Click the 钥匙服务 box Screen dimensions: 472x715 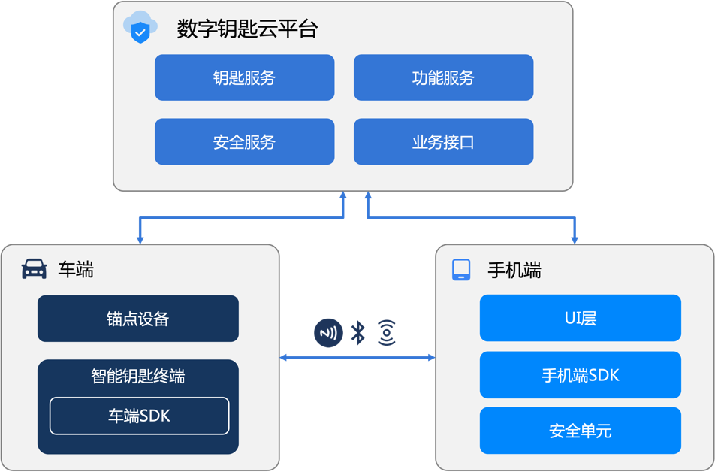pyautogui.click(x=244, y=77)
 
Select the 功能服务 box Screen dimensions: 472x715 pyautogui.click(x=443, y=77)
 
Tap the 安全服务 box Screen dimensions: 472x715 pyautogui.click(x=244, y=141)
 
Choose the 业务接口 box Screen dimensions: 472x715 pyautogui.click(x=443, y=141)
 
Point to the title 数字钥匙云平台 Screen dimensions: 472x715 pyautogui.click(x=247, y=29)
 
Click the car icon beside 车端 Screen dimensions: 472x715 pyautogui.click(x=34, y=269)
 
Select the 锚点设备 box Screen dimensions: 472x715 pyautogui.click(x=137, y=319)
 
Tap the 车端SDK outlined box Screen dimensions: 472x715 pyautogui.click(x=139, y=416)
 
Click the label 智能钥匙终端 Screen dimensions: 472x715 pyautogui.click(x=137, y=377)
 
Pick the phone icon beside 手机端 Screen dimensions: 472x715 pyautogui.click(x=460, y=270)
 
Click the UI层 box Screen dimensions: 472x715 pyautogui.click(x=580, y=318)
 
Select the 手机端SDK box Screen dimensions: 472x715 pyautogui.click(x=580, y=374)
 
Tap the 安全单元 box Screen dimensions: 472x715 pyautogui.click(x=580, y=431)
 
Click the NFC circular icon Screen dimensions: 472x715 pyautogui.click(x=327, y=332)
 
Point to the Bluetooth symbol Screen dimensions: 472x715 pyautogui.click(x=358, y=332)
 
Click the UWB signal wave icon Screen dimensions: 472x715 pyautogui.click(x=386, y=332)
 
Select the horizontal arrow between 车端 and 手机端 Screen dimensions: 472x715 pyautogui.click(x=357, y=357)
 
